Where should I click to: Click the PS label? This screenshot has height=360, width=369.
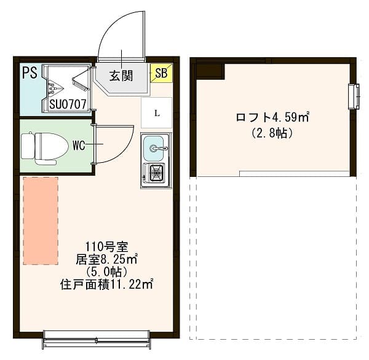coord(30,72)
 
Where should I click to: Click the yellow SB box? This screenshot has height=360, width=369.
coord(161,73)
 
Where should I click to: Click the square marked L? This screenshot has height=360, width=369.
coord(157,113)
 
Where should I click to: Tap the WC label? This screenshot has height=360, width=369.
coord(79,146)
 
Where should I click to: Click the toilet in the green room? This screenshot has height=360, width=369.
coord(44,146)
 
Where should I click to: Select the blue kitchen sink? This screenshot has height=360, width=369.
coord(156,147)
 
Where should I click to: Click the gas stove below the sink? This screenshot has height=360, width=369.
coord(155,174)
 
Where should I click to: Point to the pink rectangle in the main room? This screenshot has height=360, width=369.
coord(41,221)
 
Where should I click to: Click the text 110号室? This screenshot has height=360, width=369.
coord(106,247)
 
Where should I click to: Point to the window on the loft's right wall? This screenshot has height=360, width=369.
coord(354,96)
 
